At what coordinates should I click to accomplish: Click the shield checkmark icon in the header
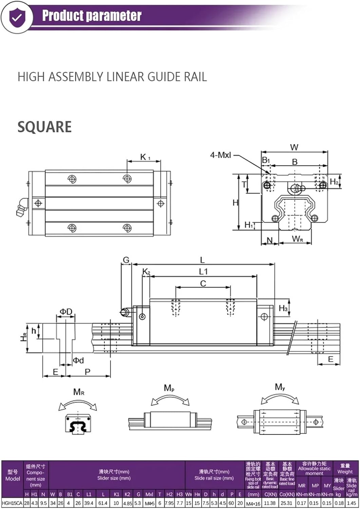16,17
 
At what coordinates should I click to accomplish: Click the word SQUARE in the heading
44,127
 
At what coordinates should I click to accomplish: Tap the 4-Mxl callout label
220,155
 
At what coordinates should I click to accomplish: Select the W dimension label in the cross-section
294,147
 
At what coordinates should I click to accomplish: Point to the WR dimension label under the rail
297,239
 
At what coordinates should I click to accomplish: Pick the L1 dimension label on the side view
203,271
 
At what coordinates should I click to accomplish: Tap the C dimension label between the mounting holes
203,283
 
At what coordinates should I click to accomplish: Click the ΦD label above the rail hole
66,312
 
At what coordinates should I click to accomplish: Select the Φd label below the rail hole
78,360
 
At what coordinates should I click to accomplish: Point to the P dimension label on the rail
88,372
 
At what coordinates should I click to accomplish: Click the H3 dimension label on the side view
283,308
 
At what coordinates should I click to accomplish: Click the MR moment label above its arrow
79,392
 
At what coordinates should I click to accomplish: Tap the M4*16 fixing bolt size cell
253,503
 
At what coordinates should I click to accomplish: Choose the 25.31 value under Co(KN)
287,503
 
